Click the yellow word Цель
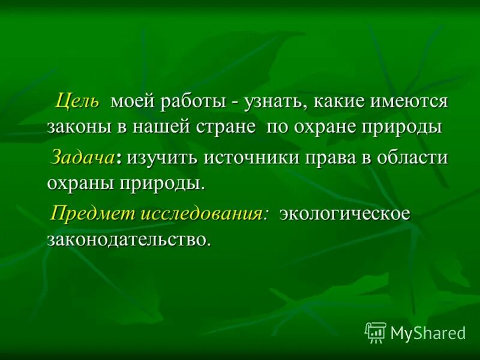pyautogui.click(x=78, y=101)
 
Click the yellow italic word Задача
pyautogui.click(x=83, y=157)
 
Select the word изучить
pyautogui.click(x=161, y=157)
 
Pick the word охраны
pyautogui.click(x=78, y=183)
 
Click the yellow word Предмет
pyautogui.click(x=94, y=214)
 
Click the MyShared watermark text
pyautogui.click(x=428, y=332)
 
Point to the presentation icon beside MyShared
pyautogui.click(x=376, y=332)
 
